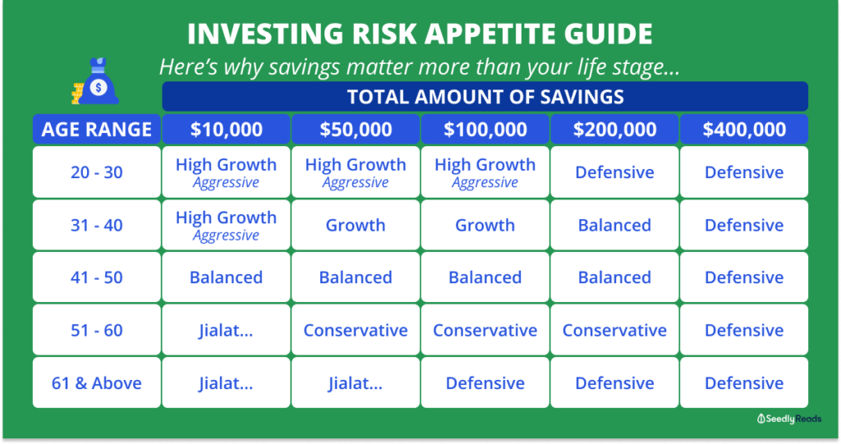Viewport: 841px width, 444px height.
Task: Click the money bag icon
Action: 95,81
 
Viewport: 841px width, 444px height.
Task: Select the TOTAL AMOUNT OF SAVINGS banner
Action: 485,97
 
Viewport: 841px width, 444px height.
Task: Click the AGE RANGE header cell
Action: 97,129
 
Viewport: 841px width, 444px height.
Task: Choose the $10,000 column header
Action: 227,129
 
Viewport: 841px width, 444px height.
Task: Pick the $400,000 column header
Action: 744,129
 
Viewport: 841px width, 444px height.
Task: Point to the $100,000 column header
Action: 485,129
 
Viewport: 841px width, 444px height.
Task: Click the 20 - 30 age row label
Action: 97,172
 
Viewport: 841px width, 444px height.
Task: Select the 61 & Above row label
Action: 97,383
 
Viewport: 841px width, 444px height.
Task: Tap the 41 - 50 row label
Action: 97,277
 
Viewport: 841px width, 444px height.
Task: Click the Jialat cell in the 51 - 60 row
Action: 227,330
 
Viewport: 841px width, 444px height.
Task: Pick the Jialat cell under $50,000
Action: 356,383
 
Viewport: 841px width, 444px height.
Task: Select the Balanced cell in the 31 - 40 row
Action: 614,225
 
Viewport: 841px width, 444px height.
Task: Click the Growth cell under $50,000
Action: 356,225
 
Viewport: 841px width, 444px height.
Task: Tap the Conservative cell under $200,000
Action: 614,330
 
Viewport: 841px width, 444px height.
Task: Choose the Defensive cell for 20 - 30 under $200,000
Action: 614,172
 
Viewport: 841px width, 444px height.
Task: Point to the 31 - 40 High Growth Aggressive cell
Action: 227,225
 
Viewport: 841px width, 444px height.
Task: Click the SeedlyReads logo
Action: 789,419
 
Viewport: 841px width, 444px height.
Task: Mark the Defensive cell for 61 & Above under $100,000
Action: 485,383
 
